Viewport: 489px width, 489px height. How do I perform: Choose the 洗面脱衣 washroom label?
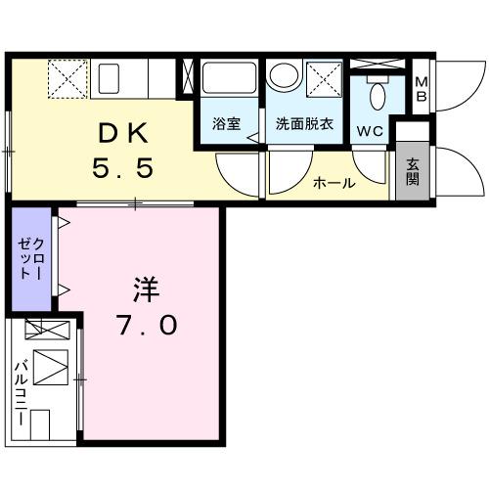(302, 125)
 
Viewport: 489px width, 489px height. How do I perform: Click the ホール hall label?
(333, 183)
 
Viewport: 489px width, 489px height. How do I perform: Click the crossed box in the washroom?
(323, 77)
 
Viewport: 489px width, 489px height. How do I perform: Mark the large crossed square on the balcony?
(50, 368)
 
